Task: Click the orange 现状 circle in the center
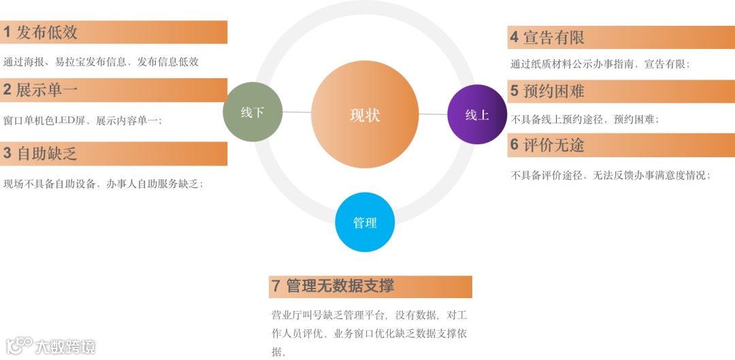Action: tap(365, 115)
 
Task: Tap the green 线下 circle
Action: tap(252, 112)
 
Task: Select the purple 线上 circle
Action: tap(477, 115)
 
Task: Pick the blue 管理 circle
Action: tap(365, 223)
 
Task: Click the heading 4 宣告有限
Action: tap(548, 37)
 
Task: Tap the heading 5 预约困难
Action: tap(548, 91)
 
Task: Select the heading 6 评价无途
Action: tap(548, 145)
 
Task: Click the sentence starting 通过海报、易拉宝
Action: tap(101, 62)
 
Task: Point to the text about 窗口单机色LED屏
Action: tap(82, 120)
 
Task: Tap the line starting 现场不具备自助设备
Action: tap(103, 184)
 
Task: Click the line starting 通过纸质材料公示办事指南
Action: tap(600, 65)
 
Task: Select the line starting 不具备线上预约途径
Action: tap(585, 119)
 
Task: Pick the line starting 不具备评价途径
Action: tap(610, 175)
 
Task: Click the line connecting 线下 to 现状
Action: tap(297, 112)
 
